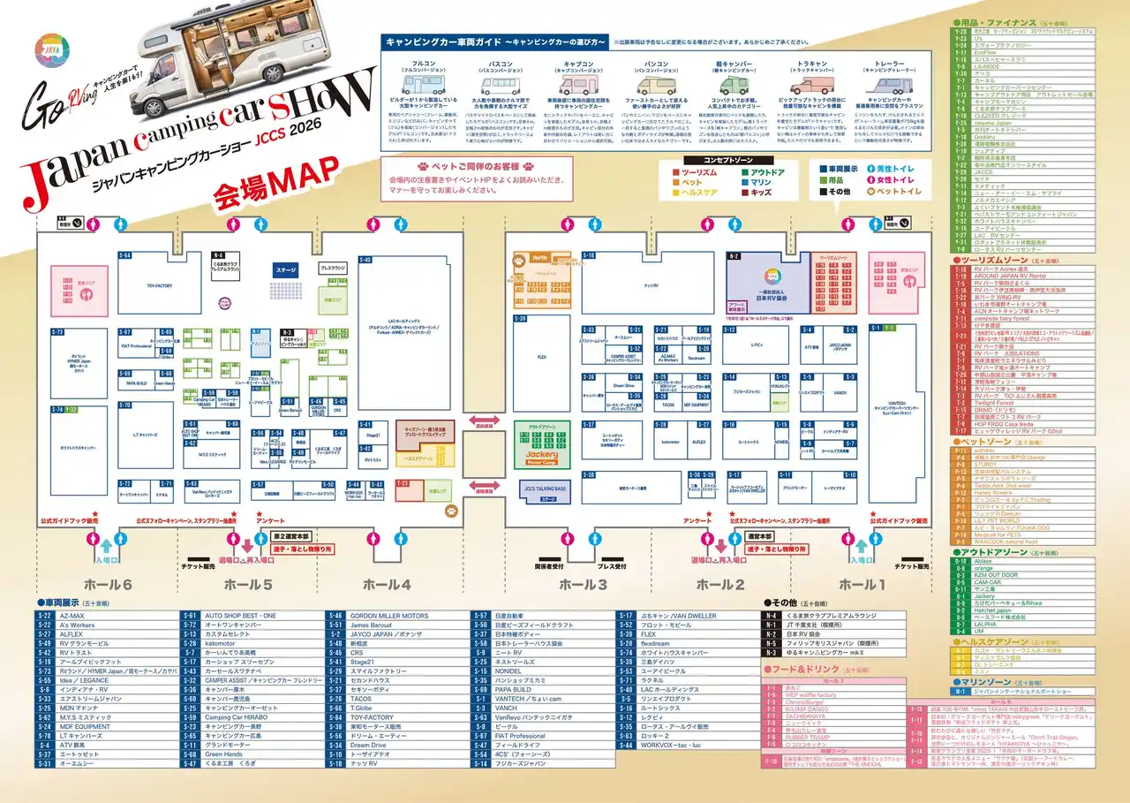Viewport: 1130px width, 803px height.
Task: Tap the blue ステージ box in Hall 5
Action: pos(285,269)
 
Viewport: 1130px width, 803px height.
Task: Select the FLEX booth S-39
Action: pos(542,356)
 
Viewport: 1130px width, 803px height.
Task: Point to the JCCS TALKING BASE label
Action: pos(545,489)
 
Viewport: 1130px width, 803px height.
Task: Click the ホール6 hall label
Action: pos(108,585)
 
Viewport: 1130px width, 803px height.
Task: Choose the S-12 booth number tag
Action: pos(729,330)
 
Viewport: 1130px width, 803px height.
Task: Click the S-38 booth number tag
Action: pos(587,377)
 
